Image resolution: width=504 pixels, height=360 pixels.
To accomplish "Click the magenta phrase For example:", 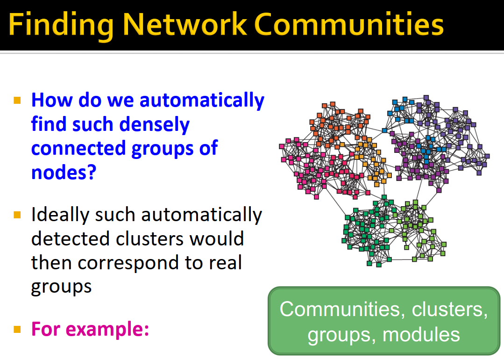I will [90, 329].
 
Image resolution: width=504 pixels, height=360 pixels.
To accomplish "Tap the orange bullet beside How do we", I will [18, 101].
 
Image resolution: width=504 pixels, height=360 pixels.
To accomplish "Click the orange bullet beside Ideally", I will [18, 216].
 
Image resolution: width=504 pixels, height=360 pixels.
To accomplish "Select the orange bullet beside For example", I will [18, 329].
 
